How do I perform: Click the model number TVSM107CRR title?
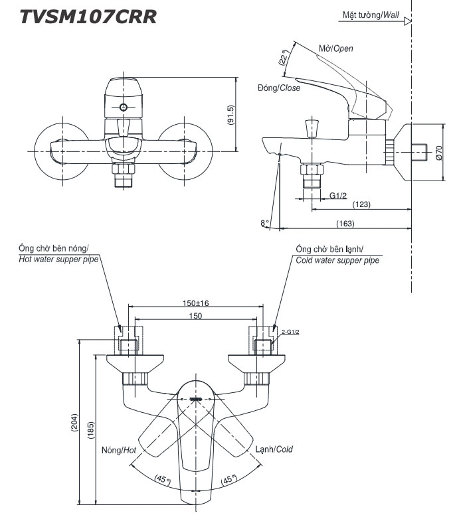click(x=88, y=17)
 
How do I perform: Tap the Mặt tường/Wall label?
click(x=371, y=15)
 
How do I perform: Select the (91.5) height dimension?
click(x=230, y=115)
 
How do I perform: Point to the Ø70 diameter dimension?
click(x=439, y=153)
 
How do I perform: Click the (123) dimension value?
click(x=361, y=204)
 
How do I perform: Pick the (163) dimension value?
click(x=345, y=224)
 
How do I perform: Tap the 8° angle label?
click(x=264, y=223)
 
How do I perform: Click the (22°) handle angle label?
click(x=284, y=58)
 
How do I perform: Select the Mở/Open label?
click(x=336, y=48)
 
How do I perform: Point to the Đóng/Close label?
click(x=279, y=88)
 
